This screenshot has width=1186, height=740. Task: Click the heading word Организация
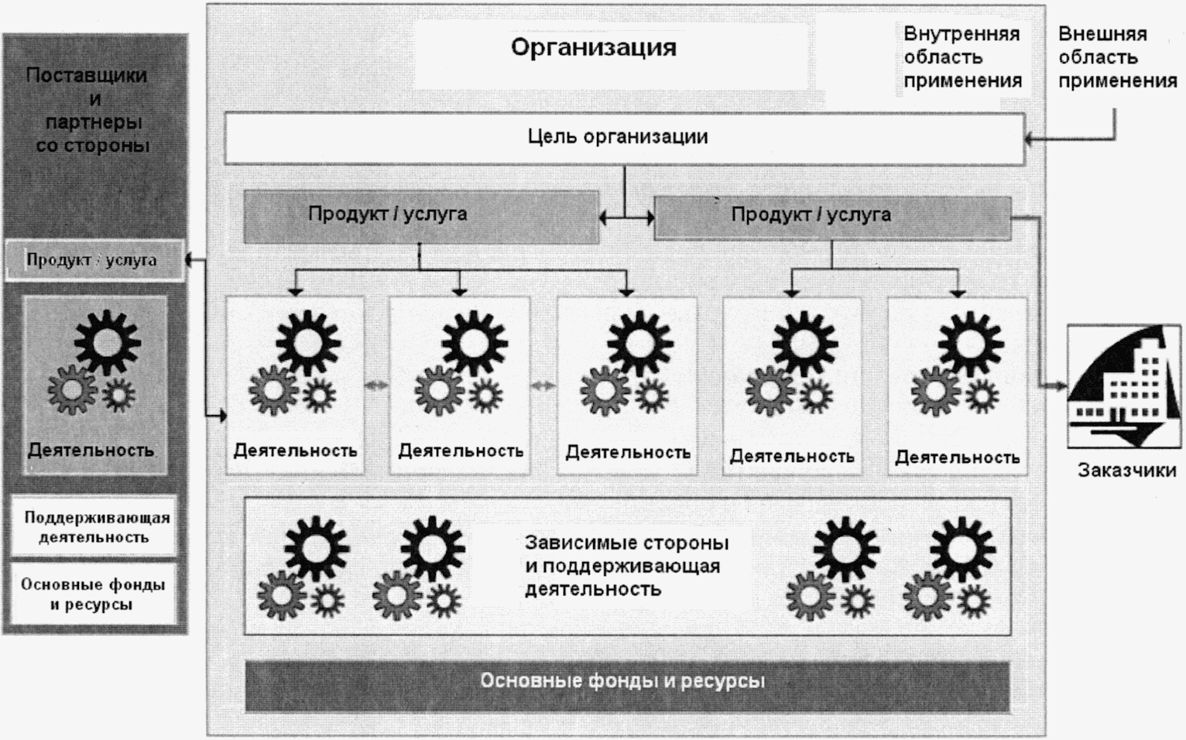[x=593, y=48]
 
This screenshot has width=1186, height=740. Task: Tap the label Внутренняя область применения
[x=962, y=57]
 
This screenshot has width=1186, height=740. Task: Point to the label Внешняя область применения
[x=1116, y=57]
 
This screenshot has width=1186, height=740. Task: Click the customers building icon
[x=1124, y=386]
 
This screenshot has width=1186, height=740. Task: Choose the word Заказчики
[x=1126, y=470]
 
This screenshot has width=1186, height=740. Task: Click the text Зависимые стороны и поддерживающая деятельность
[x=626, y=566]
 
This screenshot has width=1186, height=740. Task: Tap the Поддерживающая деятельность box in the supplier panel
[x=94, y=527]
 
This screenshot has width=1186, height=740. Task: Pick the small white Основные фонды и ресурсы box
[x=93, y=594]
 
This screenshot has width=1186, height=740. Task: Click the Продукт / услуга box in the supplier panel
[x=93, y=261]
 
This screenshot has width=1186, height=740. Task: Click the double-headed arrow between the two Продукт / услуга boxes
[x=626, y=219]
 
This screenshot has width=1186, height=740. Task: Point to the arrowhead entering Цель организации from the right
[x=1029, y=140]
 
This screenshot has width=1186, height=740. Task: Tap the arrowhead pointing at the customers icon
[x=1061, y=385]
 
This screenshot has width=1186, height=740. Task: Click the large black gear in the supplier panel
[x=108, y=341]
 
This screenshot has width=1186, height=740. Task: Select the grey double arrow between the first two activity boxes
[x=376, y=385]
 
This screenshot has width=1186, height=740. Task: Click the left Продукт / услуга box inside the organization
[x=420, y=217]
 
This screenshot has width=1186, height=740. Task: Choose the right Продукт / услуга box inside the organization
[x=832, y=218]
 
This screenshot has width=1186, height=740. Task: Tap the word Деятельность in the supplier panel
[x=91, y=451]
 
